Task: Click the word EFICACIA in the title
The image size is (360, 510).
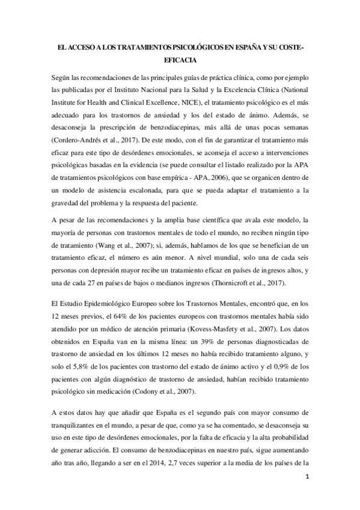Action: tap(180, 60)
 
